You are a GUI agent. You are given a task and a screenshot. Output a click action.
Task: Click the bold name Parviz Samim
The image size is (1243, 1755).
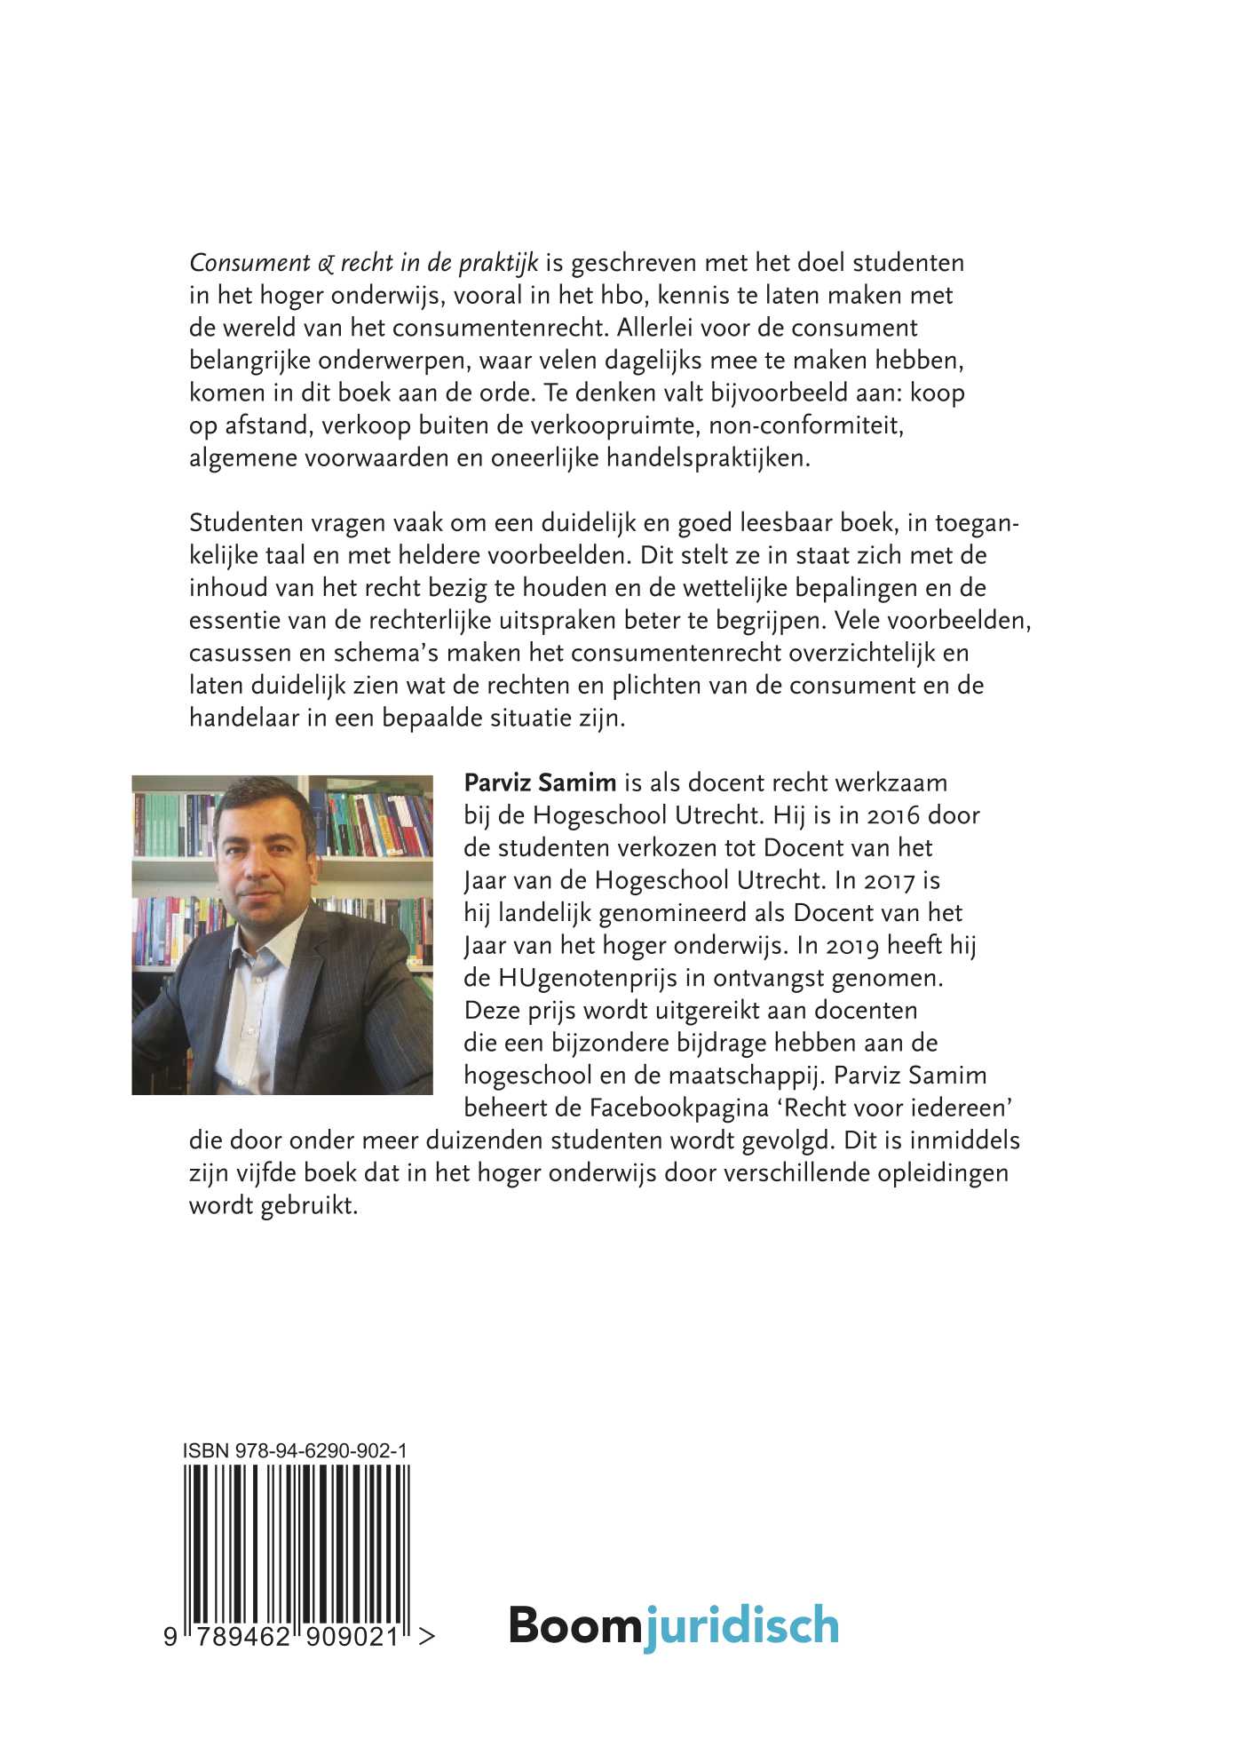(x=540, y=782)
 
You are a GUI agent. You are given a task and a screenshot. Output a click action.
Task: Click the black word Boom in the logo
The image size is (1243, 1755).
(x=574, y=1624)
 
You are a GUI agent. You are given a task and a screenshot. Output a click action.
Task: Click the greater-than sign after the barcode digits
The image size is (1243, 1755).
(x=426, y=1636)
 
